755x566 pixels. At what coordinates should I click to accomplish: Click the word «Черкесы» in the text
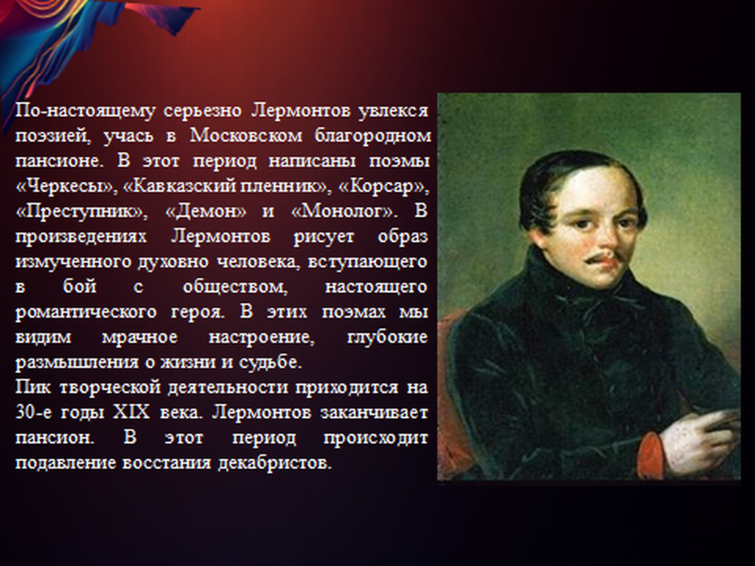point(66,186)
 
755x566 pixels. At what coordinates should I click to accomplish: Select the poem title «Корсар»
point(383,186)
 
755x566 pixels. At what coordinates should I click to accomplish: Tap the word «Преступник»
point(81,212)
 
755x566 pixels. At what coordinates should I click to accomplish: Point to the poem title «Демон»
point(206,212)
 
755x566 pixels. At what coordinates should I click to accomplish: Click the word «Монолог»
point(343,212)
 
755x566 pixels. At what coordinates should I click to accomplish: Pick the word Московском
point(246,136)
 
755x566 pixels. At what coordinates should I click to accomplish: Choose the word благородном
point(372,136)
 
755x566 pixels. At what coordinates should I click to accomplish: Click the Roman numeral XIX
point(131,413)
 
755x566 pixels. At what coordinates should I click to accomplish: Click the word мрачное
point(139,338)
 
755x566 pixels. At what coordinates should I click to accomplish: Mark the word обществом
point(235,287)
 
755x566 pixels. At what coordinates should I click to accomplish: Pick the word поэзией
point(53,136)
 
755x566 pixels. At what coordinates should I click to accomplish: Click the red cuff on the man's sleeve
point(651,451)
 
